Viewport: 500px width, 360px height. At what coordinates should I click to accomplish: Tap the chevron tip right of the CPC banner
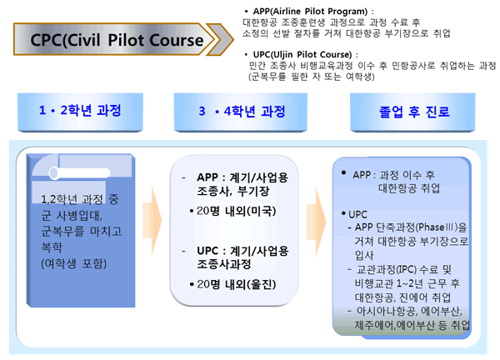pos(234,39)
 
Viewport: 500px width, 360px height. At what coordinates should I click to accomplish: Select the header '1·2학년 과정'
pos(80,111)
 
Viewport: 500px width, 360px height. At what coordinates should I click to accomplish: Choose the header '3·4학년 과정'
pos(241,112)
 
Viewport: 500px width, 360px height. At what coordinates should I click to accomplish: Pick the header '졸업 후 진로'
pos(413,112)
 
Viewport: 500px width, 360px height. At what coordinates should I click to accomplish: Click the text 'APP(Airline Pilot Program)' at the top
pos(310,12)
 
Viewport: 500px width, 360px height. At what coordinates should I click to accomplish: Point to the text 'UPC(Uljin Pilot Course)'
pos(302,54)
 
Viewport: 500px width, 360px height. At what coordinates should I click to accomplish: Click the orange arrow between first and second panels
pos(152,221)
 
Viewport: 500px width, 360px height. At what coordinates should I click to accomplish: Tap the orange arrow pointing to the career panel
pos(316,222)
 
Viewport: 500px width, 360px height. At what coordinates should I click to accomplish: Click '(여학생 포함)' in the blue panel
pos(73,263)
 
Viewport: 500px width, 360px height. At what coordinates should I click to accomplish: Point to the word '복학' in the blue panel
pos(52,247)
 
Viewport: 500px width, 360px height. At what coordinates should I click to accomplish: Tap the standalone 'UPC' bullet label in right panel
pos(357,214)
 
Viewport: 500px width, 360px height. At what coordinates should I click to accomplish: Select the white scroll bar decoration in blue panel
pos(80,173)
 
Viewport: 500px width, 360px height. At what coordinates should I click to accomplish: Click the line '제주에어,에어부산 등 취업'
pos(412,325)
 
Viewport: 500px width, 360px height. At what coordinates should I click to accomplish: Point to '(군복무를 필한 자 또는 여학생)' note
pos(311,77)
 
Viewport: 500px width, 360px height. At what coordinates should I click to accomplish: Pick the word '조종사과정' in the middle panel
pos(224,264)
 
